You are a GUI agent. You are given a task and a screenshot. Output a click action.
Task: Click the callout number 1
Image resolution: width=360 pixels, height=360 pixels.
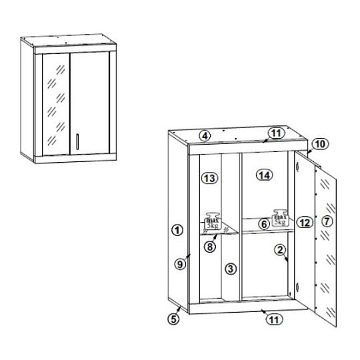click(177, 230)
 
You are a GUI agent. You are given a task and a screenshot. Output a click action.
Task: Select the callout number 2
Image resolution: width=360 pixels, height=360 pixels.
click(280, 250)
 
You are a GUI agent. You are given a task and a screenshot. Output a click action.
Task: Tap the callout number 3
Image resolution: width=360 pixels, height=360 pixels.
click(231, 269)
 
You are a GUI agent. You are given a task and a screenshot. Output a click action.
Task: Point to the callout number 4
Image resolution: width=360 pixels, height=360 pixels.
click(205, 136)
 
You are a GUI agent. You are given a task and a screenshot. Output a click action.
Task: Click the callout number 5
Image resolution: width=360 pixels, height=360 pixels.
click(174, 319)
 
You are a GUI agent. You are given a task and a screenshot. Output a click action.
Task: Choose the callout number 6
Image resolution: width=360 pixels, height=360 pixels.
click(264, 224)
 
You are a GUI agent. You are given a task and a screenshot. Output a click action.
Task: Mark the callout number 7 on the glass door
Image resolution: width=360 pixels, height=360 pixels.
click(327, 221)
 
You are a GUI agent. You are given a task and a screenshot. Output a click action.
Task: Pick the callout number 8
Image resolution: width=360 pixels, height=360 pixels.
click(210, 247)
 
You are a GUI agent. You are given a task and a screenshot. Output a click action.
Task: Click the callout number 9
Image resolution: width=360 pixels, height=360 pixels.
click(180, 264)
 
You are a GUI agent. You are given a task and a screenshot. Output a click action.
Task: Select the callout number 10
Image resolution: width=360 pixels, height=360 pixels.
click(321, 144)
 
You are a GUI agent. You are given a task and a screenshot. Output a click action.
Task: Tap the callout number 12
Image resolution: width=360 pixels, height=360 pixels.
click(305, 223)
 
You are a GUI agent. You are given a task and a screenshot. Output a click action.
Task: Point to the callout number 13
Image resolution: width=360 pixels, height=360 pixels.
click(209, 178)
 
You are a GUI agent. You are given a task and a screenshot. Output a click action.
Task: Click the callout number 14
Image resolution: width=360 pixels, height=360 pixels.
click(265, 175)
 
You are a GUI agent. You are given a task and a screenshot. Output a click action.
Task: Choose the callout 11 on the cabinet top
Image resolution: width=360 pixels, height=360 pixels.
click(277, 133)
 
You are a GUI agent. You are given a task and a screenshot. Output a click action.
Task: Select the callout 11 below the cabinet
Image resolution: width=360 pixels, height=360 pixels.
click(275, 319)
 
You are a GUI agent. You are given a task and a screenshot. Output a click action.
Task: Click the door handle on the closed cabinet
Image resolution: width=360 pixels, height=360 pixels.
click(77, 141)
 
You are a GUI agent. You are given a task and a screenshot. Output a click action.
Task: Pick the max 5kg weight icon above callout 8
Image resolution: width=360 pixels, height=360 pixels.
click(213, 221)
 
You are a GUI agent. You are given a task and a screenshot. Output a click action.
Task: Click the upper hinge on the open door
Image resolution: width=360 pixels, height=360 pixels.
click(297, 166)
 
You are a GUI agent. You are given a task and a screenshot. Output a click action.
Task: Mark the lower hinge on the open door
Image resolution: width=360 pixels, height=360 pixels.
click(297, 287)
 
